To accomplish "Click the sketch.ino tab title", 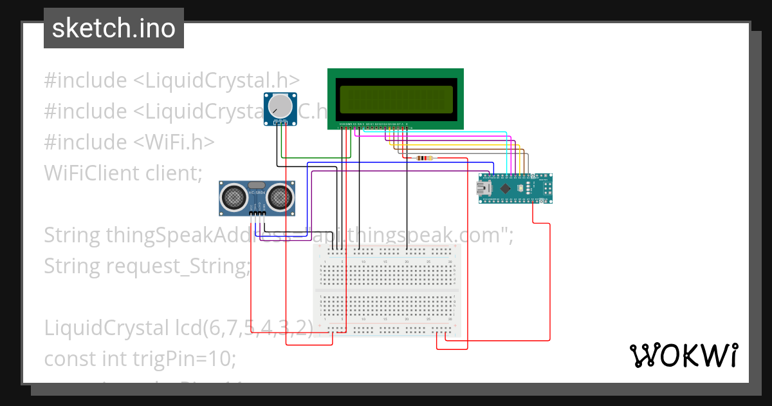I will [x=113, y=28].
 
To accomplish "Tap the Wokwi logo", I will [x=683, y=355].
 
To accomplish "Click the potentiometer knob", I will [x=280, y=106].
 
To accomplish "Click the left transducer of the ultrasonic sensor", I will [x=234, y=197].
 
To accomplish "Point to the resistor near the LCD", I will [x=425, y=158].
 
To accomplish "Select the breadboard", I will [x=387, y=290].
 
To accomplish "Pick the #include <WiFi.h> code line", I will [x=129, y=142].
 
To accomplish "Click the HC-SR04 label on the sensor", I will [x=257, y=193].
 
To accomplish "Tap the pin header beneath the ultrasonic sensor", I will [x=257, y=213].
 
